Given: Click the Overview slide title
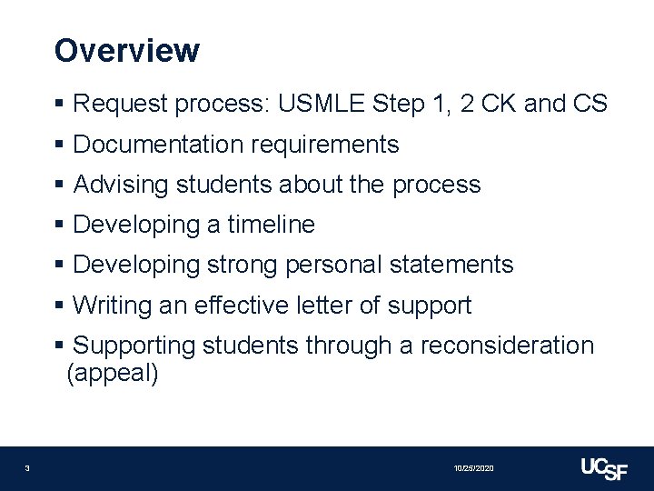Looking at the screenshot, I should pos(127,50).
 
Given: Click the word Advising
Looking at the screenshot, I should pos(121,185).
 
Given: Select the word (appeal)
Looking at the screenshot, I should pos(113,374).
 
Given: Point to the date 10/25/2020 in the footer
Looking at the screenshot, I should pos(473,468).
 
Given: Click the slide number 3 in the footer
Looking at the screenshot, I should pos(27,468).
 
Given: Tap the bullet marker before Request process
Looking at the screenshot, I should pos(60,105).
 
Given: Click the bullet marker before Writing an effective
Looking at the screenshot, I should pos(60,306).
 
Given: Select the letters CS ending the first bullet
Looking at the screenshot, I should pos(590,104).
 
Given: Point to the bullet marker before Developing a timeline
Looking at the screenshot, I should pos(60,225).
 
